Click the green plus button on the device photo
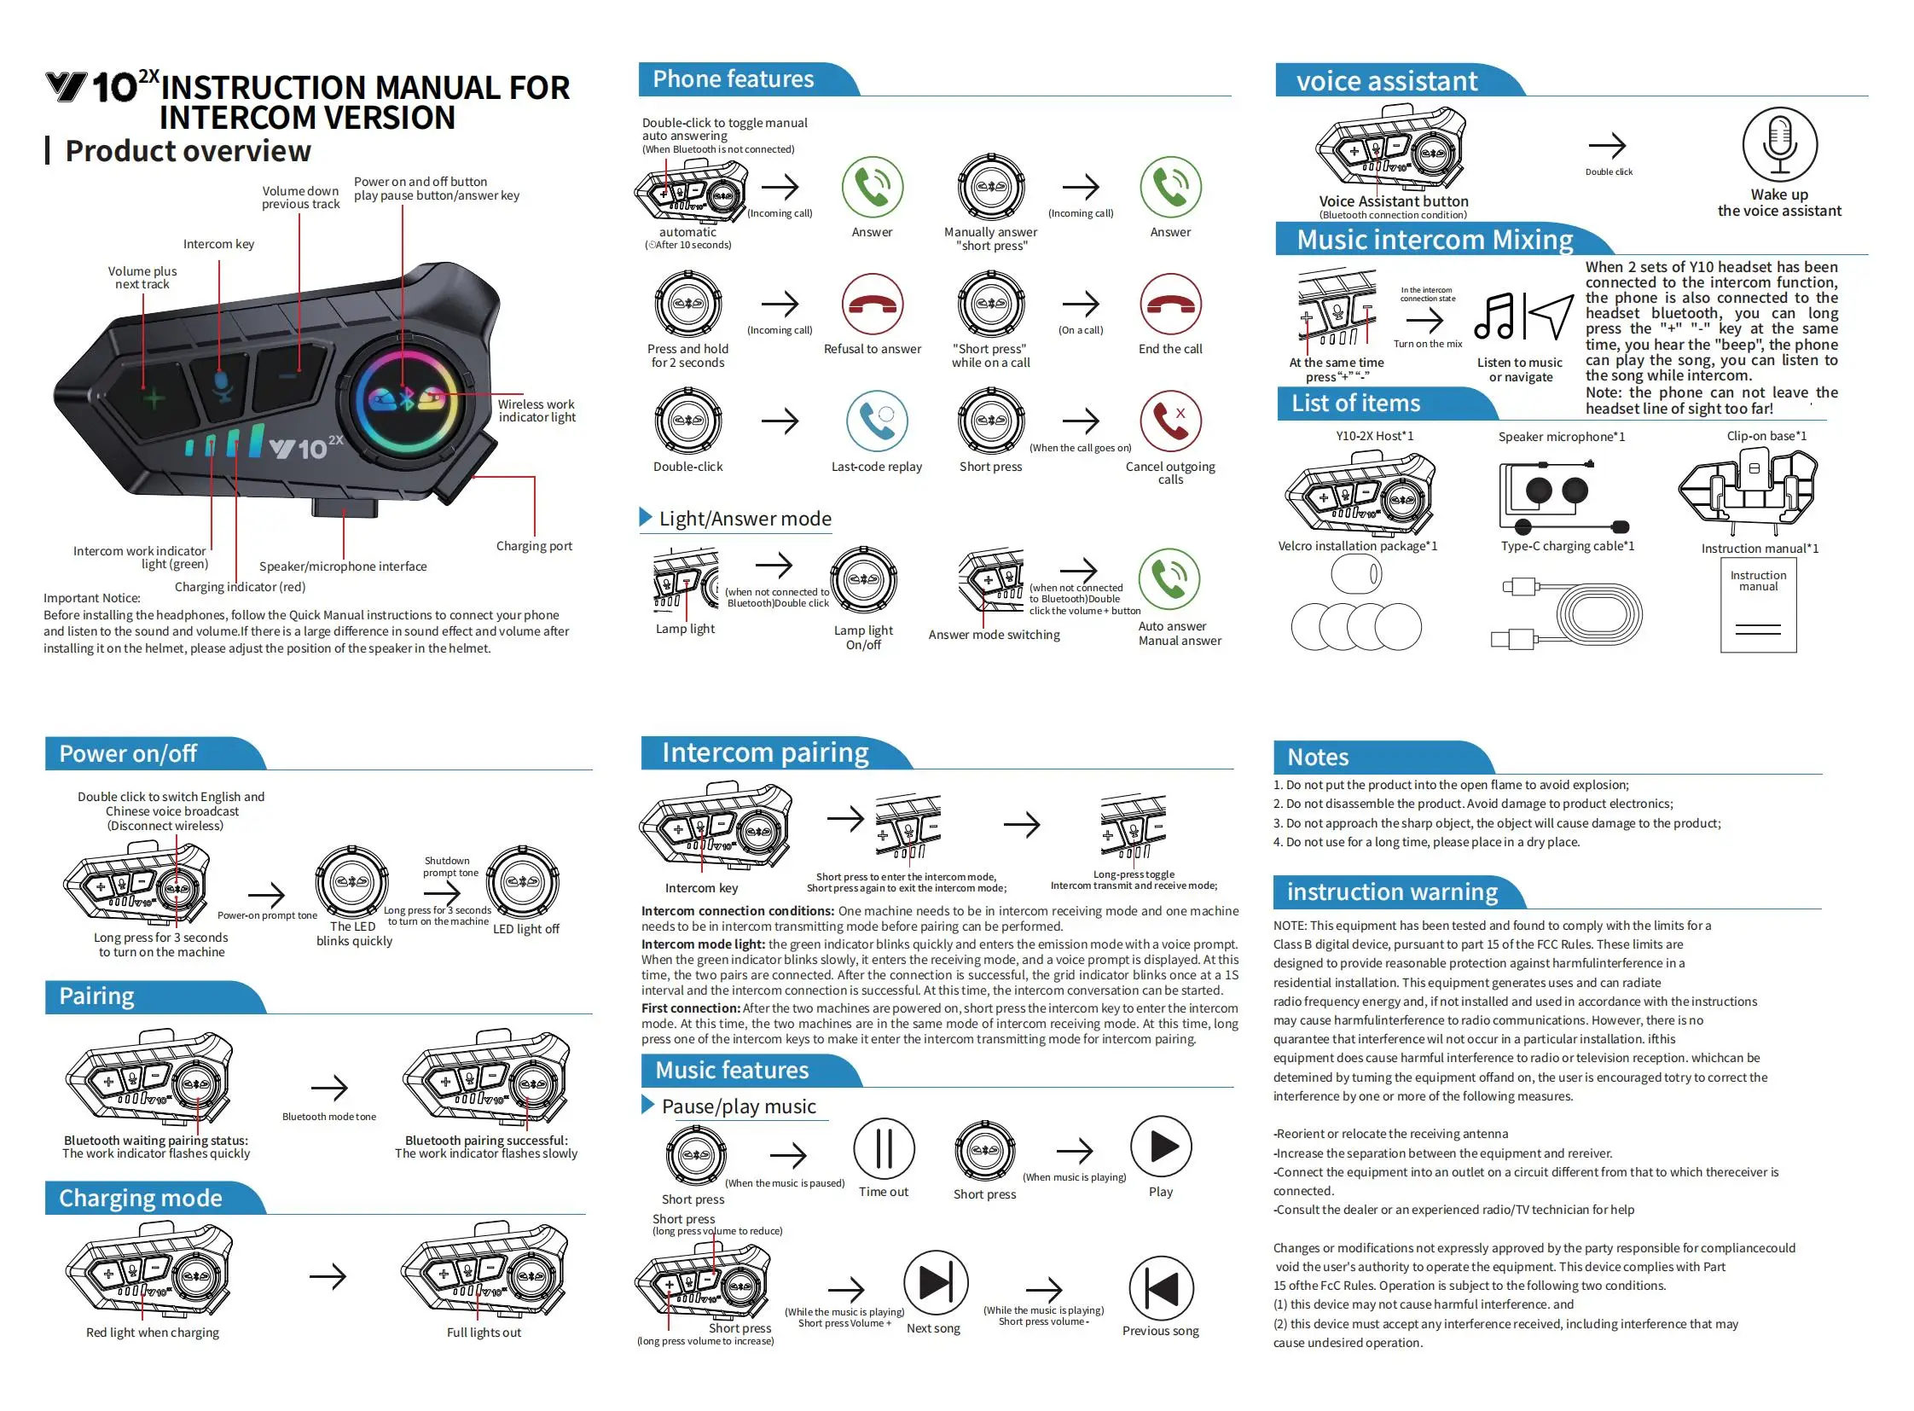pyautogui.click(x=154, y=398)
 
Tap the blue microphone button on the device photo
pyautogui.click(x=222, y=386)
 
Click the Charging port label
pyautogui.click(x=534, y=546)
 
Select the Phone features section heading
pyautogui.click(x=733, y=79)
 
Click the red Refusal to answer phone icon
pyautogui.click(x=872, y=304)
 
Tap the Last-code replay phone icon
pyautogui.click(x=876, y=421)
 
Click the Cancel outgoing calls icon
pyautogui.click(x=1170, y=421)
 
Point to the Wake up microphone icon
pyautogui.click(x=1779, y=145)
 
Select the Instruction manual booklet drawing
pyautogui.click(x=1758, y=605)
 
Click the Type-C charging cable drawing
pyautogui.click(x=1567, y=612)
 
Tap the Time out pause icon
pyautogui.click(x=884, y=1148)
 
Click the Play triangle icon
pyautogui.click(x=1161, y=1147)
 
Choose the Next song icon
pyautogui.click(x=935, y=1282)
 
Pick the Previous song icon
pyautogui.click(x=1161, y=1287)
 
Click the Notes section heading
pyautogui.click(x=1318, y=757)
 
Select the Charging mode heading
pyautogui.click(x=140, y=1198)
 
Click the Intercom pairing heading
pyautogui.click(x=765, y=752)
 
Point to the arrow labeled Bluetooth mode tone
pyautogui.click(x=329, y=1088)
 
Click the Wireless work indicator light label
pyautogui.click(x=536, y=411)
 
